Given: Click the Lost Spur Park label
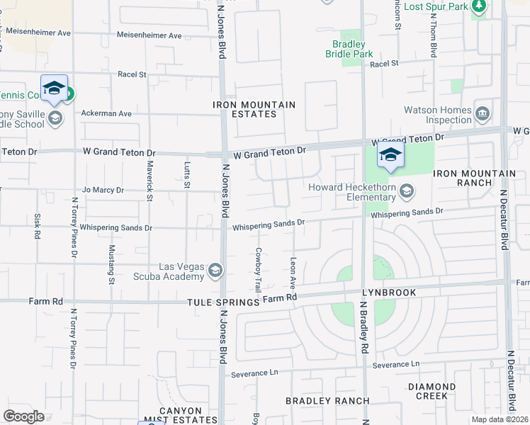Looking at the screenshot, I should coord(437,6).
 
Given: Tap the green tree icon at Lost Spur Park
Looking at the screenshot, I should coord(480,6).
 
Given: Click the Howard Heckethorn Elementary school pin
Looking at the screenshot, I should coord(407,190).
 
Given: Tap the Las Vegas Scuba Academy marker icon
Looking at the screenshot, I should coord(215,270).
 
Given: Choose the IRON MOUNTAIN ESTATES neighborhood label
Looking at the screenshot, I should coord(254,109).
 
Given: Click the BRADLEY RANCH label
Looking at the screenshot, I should coord(327,401).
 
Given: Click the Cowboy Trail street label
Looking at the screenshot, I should coord(259,270).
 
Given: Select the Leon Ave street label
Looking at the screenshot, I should coord(293,273).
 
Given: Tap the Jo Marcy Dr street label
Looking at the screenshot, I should coord(103,190).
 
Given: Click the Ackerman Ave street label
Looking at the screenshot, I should coord(106,113).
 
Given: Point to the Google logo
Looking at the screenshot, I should coord(24,416).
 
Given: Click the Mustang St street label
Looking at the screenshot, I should coord(112,264).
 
